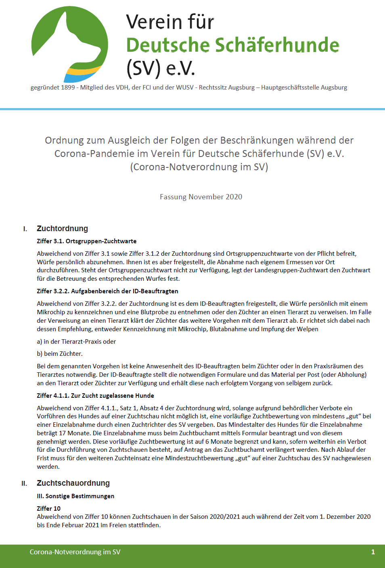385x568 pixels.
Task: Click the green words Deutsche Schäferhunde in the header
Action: pyautogui.click(x=232, y=45)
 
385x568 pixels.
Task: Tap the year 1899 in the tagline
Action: pyautogui.click(x=68, y=88)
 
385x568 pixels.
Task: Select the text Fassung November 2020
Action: pyautogui.click(x=201, y=197)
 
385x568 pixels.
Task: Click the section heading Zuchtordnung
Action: pyautogui.click(x=62, y=229)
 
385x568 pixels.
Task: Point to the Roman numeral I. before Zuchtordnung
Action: pyautogui.click(x=25, y=229)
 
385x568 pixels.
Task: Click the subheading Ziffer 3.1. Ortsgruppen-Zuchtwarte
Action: pyautogui.click(x=87, y=241)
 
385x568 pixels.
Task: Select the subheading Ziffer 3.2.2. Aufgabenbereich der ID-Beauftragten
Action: pyautogui.click(x=107, y=291)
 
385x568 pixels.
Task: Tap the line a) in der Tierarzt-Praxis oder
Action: pyautogui.click(x=76, y=342)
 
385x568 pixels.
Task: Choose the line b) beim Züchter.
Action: pyautogui.click(x=60, y=354)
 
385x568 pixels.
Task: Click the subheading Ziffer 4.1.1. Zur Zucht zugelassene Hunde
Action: pyautogui.click(x=95, y=396)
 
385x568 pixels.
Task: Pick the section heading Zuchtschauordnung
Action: pyautogui.click(x=73, y=483)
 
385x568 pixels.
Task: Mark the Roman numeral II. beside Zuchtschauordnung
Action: pyautogui.click(x=24, y=484)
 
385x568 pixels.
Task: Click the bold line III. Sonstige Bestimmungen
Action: pyautogui.click(x=75, y=496)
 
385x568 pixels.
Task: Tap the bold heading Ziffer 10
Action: pyautogui.click(x=48, y=509)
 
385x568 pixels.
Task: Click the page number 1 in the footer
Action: pyautogui.click(x=373, y=552)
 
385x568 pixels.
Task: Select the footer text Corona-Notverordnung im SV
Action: pyautogui.click(x=75, y=552)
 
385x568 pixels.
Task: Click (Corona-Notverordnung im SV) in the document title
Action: pyautogui.click(x=199, y=167)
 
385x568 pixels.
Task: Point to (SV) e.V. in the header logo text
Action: pyautogui.click(x=161, y=68)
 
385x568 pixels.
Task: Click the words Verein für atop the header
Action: pyautogui.click(x=170, y=22)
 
